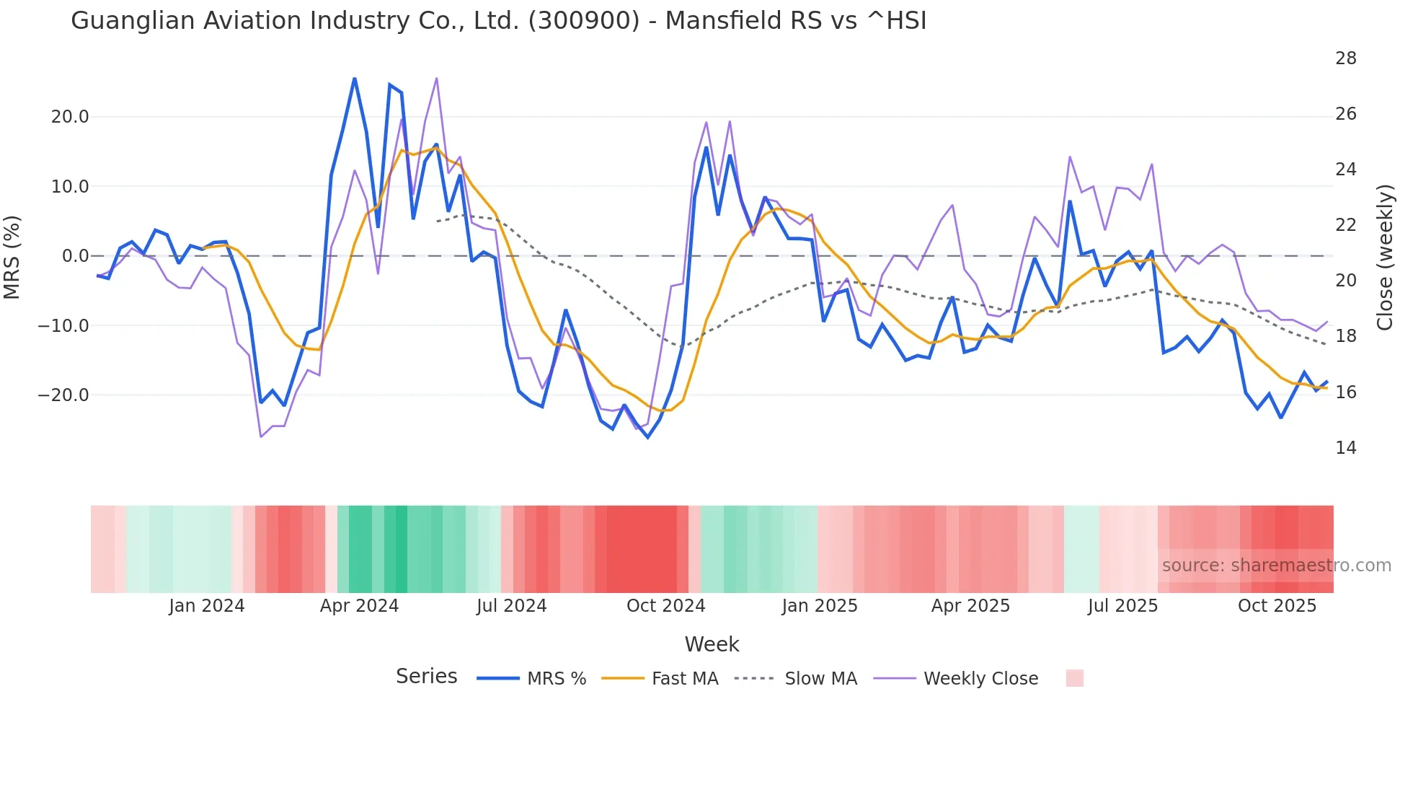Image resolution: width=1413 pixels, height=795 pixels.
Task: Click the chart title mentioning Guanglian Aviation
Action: (x=498, y=21)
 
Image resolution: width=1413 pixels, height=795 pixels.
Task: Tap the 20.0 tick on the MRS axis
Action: (x=70, y=117)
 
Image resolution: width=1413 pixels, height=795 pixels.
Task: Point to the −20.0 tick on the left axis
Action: (x=64, y=395)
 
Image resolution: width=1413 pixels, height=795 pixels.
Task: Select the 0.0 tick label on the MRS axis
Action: (x=75, y=256)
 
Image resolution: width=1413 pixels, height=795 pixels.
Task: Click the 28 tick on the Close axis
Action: (x=1345, y=58)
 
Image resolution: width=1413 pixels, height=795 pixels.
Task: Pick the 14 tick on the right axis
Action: (x=1345, y=448)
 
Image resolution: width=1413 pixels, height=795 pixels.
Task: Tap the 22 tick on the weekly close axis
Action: (x=1345, y=225)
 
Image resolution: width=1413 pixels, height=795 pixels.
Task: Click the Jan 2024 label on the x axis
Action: (x=207, y=606)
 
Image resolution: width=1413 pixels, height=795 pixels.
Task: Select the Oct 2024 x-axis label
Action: (x=665, y=606)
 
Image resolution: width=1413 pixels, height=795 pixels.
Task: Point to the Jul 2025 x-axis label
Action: (x=1122, y=606)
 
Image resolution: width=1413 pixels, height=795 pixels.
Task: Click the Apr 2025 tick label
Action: (x=970, y=606)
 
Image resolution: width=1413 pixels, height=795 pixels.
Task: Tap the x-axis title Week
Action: (x=712, y=644)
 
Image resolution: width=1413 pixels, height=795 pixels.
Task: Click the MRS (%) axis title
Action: (x=12, y=257)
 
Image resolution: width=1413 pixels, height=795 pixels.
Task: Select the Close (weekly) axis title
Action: (x=1385, y=257)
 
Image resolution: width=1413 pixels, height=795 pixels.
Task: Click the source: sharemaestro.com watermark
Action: (x=1276, y=566)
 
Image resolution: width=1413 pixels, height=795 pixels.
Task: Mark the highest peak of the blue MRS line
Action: (x=355, y=78)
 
